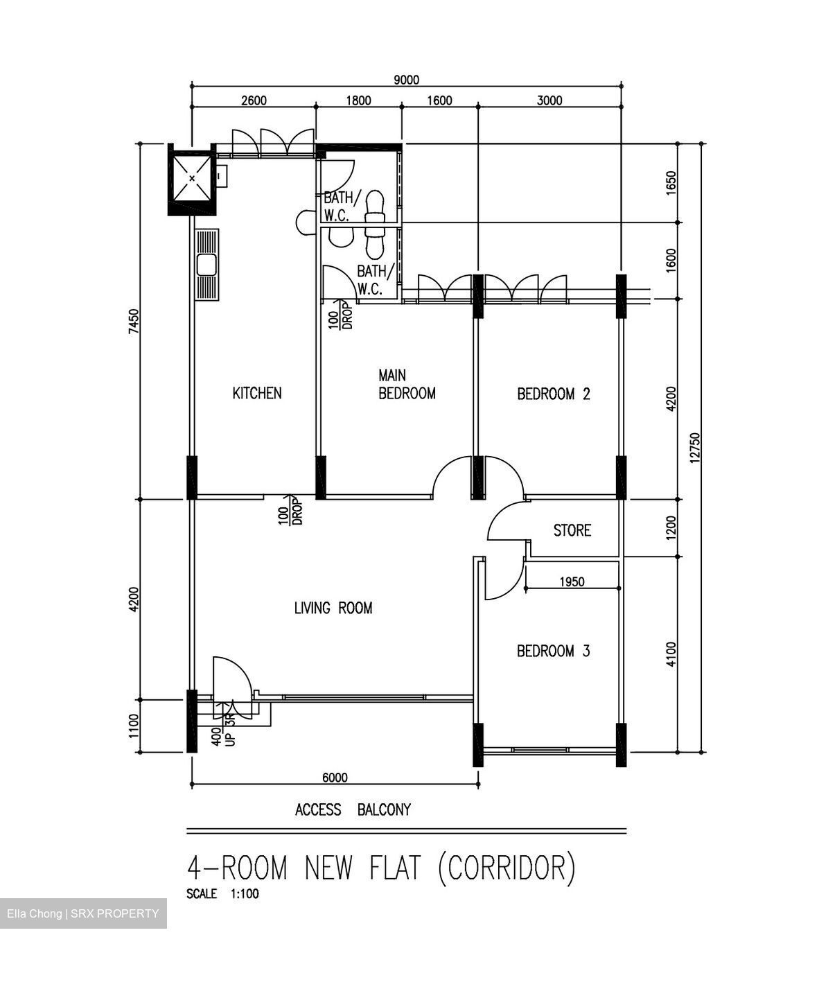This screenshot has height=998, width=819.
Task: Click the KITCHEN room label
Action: click(x=256, y=394)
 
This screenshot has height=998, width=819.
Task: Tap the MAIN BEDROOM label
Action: click(x=406, y=385)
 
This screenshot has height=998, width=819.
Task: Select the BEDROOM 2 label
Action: click(x=553, y=394)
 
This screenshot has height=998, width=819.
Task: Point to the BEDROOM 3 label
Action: click(x=553, y=651)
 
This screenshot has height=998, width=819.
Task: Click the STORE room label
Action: click(x=572, y=530)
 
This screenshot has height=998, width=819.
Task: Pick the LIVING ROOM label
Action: click(x=333, y=609)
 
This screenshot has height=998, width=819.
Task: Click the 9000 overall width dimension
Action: click(x=406, y=80)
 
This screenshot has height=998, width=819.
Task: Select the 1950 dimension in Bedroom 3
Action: click(x=572, y=581)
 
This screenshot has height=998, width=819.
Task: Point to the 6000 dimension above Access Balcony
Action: click(x=335, y=778)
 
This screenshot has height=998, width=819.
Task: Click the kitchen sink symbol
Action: click(x=206, y=265)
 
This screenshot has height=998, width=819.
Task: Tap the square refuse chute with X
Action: click(x=191, y=178)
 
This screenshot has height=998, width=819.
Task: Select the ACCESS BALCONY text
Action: click(x=353, y=809)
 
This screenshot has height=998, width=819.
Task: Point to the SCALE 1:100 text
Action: click(x=222, y=894)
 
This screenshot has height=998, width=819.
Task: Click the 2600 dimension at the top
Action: click(x=254, y=100)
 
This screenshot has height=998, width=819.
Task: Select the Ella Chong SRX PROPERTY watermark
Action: click(x=83, y=913)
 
